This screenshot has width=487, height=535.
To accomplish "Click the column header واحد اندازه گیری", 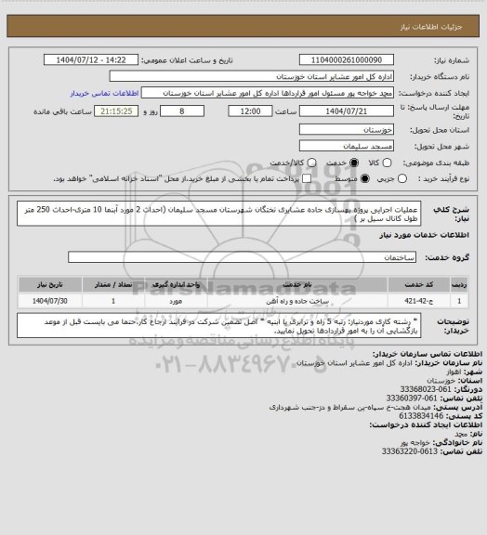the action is [x=188, y=286].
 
